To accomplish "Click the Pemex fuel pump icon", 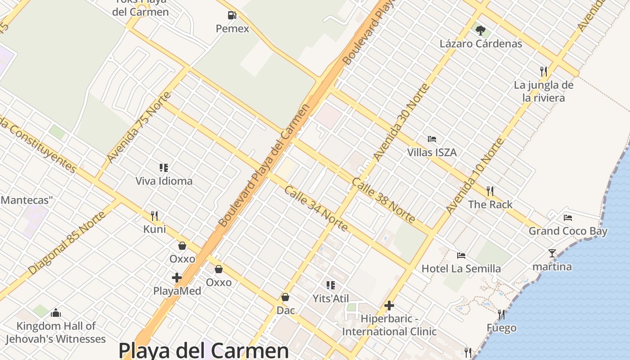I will click(232, 16).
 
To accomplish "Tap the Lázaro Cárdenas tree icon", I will click(481, 31).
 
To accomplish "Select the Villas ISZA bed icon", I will click(432, 139).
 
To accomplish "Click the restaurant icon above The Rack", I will click(490, 191).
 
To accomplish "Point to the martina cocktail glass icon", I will click(552, 253).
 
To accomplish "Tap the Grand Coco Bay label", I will click(568, 231).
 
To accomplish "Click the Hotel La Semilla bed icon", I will click(461, 256).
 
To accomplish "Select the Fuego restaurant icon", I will click(501, 315).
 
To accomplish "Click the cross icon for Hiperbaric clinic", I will click(389, 306).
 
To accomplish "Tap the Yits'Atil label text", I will click(331, 298).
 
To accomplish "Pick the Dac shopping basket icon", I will click(285, 297).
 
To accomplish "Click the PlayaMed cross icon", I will click(177, 278).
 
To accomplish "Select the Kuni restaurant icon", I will click(154, 216).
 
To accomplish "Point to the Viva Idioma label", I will click(164, 181).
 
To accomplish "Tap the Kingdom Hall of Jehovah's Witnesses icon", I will click(56, 312).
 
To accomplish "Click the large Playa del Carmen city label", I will click(203, 351).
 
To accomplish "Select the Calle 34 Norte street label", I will click(316, 208).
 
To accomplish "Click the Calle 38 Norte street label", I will click(383, 200).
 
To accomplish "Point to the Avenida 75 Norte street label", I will click(139, 127).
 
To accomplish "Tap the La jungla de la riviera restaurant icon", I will click(544, 71).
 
